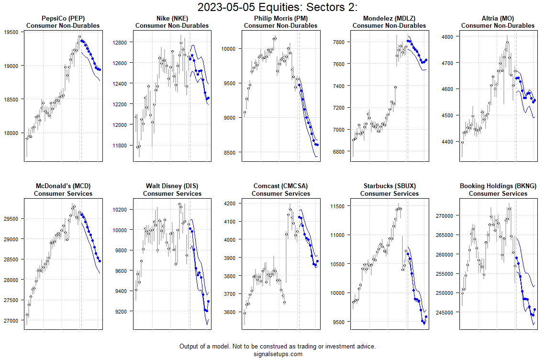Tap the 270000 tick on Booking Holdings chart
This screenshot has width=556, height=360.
444,216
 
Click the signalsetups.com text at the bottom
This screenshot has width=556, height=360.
278,354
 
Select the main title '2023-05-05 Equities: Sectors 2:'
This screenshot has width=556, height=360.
278,7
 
